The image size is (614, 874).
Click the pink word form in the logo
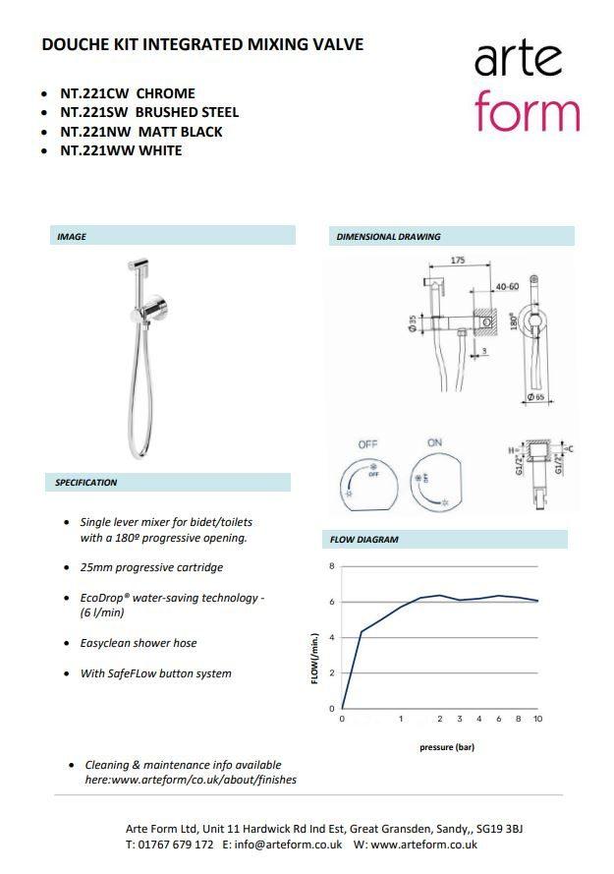click(527, 111)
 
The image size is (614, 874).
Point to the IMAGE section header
click(72, 237)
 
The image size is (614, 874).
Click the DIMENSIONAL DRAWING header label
click(388, 237)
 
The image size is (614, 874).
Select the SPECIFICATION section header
click(86, 483)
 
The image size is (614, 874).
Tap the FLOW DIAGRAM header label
click(363, 540)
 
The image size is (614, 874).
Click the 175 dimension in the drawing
click(458, 261)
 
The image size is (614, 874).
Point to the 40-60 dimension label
click(508, 287)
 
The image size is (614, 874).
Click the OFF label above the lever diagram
click(367, 444)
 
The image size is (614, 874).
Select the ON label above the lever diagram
click(434, 443)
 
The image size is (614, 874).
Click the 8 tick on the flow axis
click(332, 566)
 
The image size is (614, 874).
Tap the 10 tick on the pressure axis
click(537, 720)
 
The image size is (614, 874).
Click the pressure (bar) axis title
click(447, 747)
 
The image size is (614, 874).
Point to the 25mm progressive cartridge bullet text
click(151, 567)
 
